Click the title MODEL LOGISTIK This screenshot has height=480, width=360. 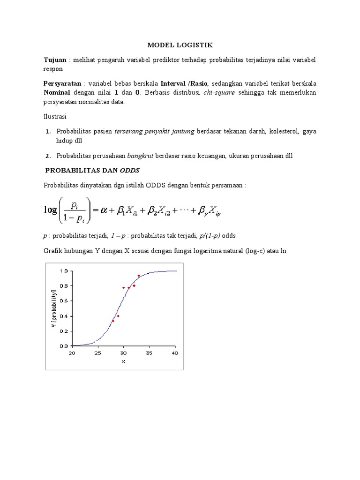[180, 45]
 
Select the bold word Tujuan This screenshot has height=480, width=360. [55, 60]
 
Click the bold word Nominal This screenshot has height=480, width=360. [58, 92]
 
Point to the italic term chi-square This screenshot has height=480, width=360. [219, 92]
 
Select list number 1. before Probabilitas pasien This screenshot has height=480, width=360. [48, 131]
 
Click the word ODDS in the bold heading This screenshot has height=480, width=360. [129, 170]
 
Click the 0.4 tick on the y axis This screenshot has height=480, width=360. [63, 316]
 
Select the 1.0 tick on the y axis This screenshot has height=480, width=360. [63, 271]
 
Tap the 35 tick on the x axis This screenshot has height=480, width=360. [149, 353]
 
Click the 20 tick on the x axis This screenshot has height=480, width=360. [72, 353]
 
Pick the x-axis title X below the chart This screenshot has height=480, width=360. [123, 361]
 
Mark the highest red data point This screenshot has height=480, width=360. [139, 276]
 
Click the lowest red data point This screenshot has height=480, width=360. [113, 321]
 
